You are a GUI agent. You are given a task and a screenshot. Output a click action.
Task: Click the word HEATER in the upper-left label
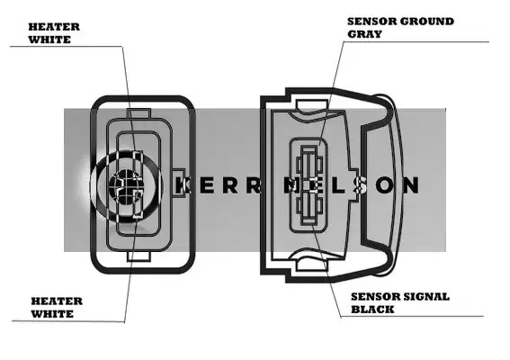click(x=54, y=27)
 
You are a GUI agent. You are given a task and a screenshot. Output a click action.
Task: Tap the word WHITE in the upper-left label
click(x=49, y=40)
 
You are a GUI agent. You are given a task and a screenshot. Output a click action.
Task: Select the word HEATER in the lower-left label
click(x=57, y=301)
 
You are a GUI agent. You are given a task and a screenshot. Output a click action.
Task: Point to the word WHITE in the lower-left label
click(x=52, y=314)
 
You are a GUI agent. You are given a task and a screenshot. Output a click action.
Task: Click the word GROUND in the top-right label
click(x=426, y=22)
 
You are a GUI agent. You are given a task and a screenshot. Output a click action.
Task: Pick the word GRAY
click(x=364, y=34)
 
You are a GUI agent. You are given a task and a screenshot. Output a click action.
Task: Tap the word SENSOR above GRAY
click(x=371, y=22)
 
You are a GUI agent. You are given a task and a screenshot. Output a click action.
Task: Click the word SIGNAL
click(x=426, y=297)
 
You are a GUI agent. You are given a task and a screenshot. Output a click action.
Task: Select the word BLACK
click(x=372, y=310)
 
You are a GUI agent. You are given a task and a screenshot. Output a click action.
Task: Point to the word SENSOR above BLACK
click(x=375, y=297)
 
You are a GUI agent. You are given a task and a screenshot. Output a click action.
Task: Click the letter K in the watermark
click(x=183, y=185)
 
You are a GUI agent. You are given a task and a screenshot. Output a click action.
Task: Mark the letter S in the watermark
click(x=362, y=185)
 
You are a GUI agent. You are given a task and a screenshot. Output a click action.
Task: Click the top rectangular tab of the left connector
click(x=139, y=113)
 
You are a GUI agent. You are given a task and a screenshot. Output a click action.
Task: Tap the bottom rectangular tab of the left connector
click(x=139, y=256)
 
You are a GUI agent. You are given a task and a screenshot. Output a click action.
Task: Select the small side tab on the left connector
click(x=178, y=183)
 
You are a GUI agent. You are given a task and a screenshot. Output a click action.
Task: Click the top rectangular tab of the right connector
click(x=311, y=104)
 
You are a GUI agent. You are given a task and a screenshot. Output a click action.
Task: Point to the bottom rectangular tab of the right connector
click(x=311, y=265)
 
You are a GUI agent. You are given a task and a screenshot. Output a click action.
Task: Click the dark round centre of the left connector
click(x=126, y=185)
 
